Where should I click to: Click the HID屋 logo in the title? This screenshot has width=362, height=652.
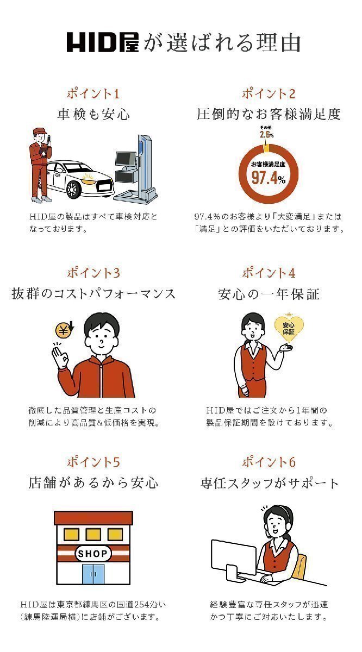click(103, 42)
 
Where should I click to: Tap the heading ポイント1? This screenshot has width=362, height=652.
click(93, 93)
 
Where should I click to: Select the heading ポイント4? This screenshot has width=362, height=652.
click(269, 273)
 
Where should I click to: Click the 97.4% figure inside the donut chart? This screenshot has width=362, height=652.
click(269, 178)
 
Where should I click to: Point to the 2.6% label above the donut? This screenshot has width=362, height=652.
click(267, 135)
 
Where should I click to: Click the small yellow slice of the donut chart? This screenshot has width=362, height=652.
click(266, 148)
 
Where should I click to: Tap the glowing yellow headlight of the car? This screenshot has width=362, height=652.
click(89, 178)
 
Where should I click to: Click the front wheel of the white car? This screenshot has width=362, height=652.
click(73, 190)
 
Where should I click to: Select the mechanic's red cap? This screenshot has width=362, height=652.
click(40, 131)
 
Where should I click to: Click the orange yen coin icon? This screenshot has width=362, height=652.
click(64, 331)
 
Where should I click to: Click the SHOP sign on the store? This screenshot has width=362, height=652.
click(93, 553)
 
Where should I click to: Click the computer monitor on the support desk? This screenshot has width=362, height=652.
click(234, 557)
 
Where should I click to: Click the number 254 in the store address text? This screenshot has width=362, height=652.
click(143, 605)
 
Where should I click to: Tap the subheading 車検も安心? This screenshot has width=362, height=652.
click(93, 114)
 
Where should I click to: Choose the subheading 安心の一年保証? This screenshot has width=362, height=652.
click(269, 294)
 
